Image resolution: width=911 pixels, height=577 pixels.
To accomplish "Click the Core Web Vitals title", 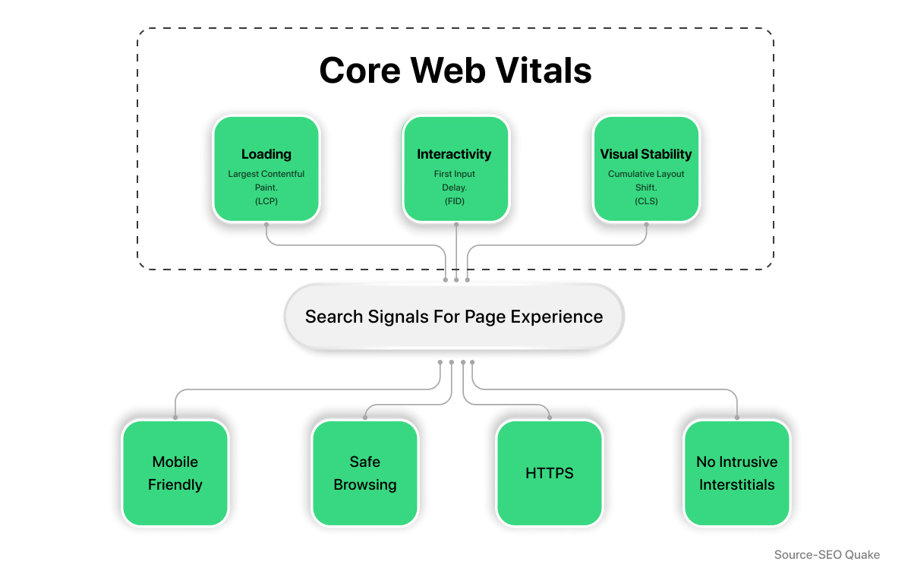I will (x=455, y=71).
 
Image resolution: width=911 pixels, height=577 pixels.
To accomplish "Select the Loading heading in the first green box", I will (x=266, y=154).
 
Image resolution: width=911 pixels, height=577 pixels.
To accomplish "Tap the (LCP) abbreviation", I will (x=266, y=201).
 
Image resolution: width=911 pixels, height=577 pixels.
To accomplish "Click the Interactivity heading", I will (x=454, y=154).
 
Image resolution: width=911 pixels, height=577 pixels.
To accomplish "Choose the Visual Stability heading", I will (x=646, y=154).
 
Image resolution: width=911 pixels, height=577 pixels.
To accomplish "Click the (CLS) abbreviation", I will (x=646, y=201).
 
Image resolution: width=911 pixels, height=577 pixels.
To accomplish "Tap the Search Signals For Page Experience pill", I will (x=454, y=317).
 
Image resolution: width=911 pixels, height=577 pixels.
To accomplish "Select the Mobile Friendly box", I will (x=175, y=473).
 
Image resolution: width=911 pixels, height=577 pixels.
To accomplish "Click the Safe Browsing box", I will (x=365, y=473).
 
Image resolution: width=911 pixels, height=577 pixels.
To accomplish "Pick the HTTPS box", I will (x=549, y=473).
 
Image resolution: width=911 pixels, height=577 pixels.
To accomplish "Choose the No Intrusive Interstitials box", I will (x=736, y=473).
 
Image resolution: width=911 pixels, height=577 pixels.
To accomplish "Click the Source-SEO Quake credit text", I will (x=827, y=555).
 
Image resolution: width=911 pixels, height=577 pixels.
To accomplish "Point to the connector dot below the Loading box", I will (x=266, y=225).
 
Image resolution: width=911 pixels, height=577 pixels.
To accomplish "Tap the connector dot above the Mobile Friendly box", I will (x=175, y=418).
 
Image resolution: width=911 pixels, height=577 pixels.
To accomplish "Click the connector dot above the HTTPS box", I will (x=549, y=418).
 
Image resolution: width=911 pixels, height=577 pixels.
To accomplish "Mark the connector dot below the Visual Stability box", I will (x=646, y=225).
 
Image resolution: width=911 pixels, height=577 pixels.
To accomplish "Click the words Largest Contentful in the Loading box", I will (x=266, y=174).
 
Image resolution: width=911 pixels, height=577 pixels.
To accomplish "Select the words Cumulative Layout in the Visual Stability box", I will (x=646, y=174).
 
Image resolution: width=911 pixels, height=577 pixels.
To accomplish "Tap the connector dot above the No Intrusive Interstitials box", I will (x=736, y=418).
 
